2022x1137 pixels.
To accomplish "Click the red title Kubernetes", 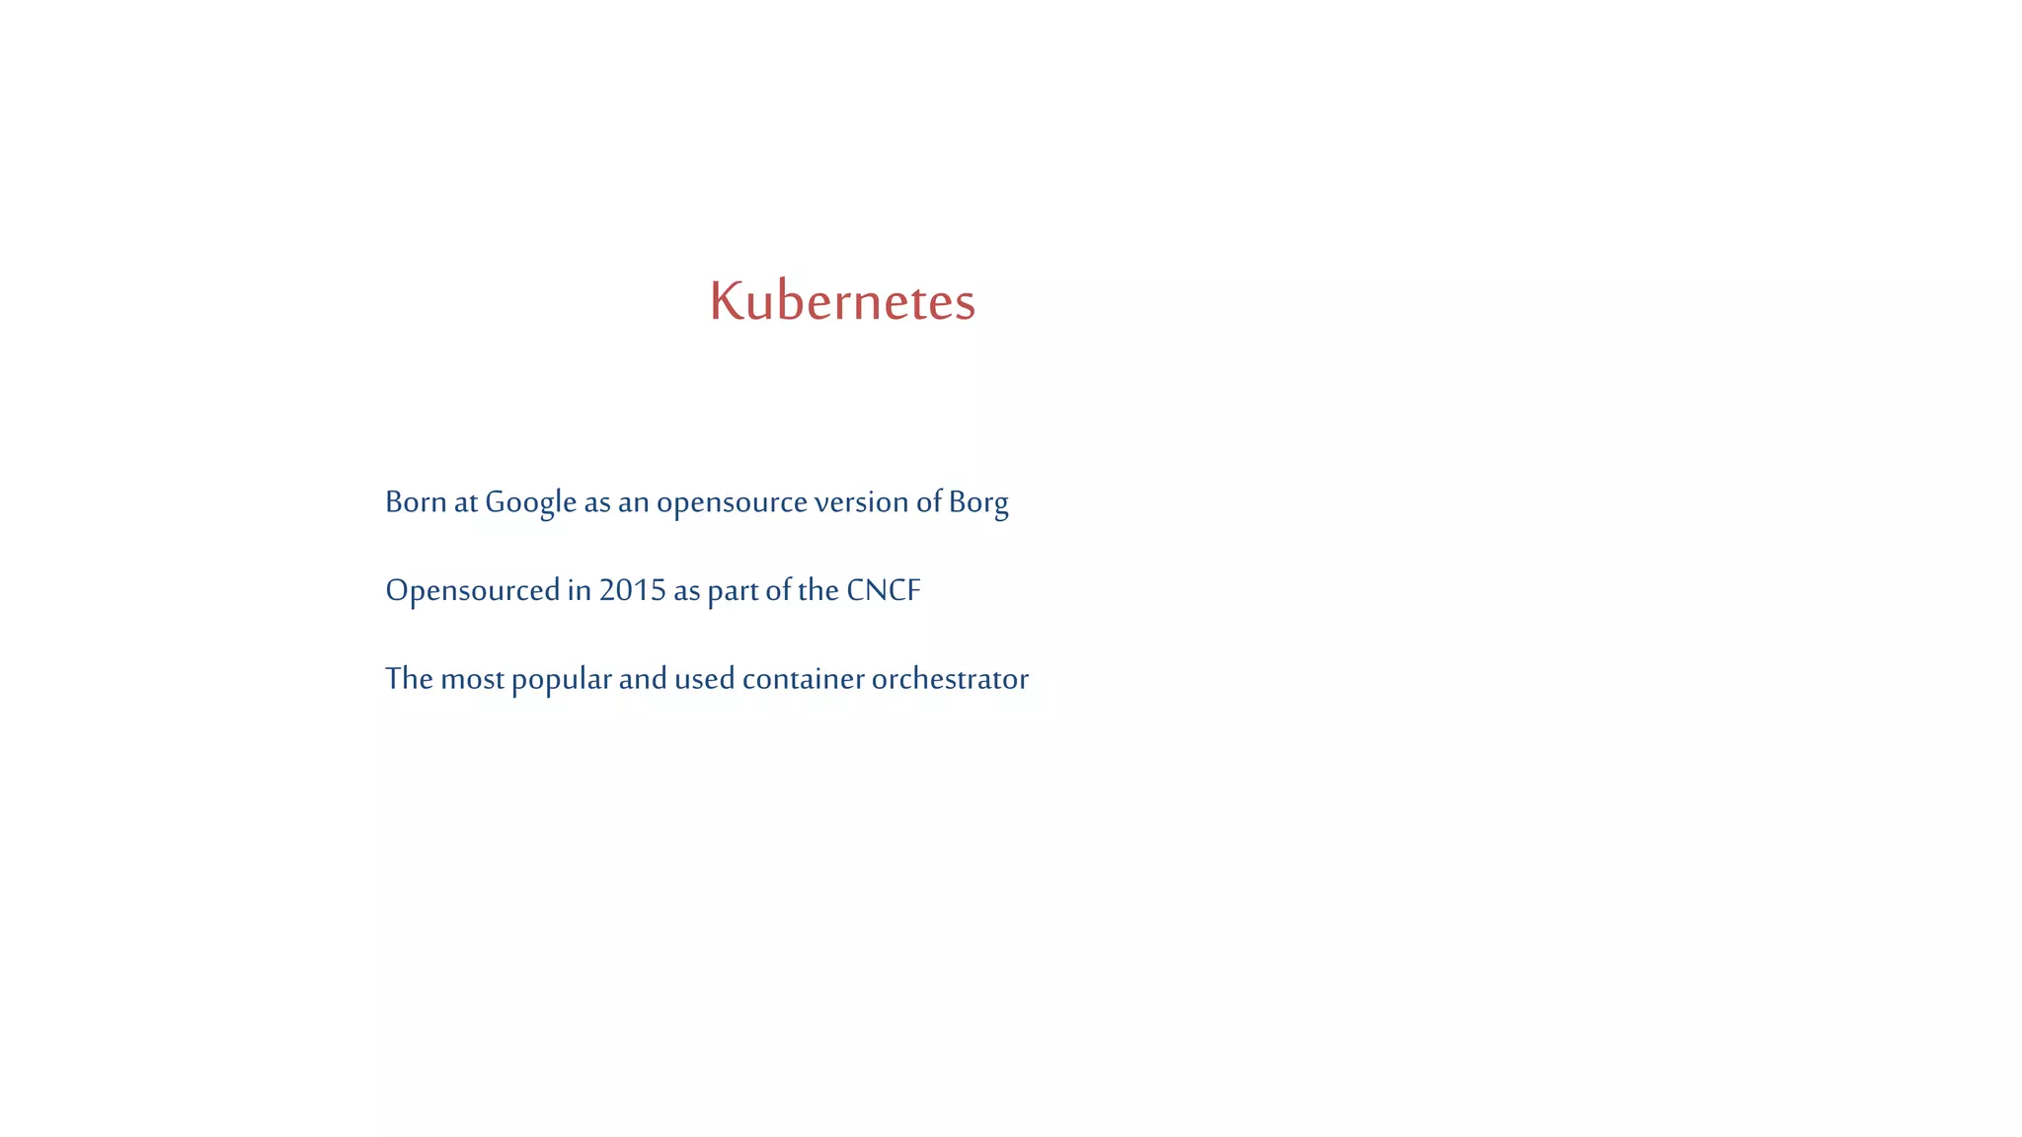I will point(842,301).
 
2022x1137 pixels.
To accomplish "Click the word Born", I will point(416,502).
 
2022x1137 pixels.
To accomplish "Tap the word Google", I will point(530,502).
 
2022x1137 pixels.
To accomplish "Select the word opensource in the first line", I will point(732,503).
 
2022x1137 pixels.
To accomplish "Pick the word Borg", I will point(978,503).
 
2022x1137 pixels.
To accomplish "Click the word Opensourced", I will point(472,591).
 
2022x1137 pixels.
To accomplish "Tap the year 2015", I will point(632,590).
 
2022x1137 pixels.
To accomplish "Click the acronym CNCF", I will point(884,590).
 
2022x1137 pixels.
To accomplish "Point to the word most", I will point(472,679).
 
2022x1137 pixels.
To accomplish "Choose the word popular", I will point(561,680).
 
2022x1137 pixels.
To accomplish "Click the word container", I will point(803,679).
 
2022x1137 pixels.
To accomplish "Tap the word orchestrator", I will point(950,679).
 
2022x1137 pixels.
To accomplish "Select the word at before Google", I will point(465,502).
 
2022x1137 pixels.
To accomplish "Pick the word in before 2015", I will point(579,590).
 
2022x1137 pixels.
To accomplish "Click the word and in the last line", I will point(643,679).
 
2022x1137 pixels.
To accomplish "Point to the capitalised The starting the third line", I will point(409,679).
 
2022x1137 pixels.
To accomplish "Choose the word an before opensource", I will point(633,503).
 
